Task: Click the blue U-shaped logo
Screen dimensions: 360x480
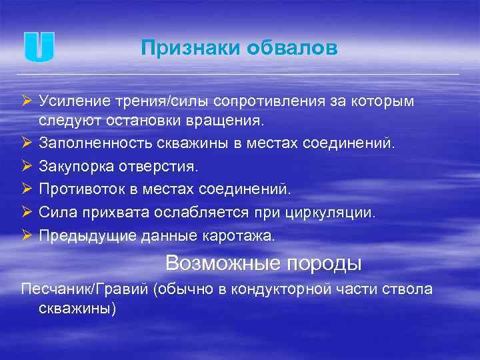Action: click(39, 47)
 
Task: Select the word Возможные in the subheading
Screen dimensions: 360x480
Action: click(223, 263)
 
